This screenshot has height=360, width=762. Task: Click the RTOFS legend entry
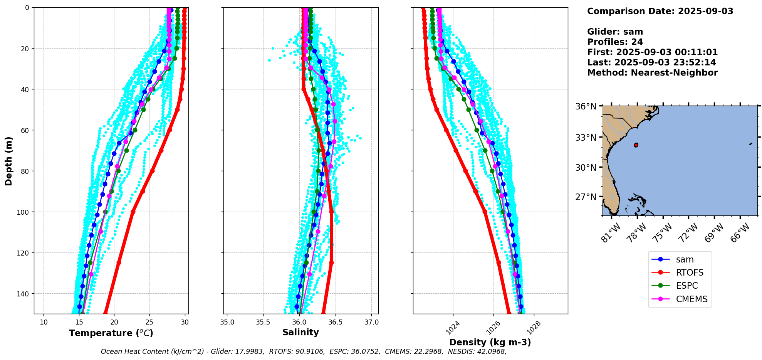[x=689, y=273]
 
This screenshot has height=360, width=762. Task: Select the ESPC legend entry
[x=686, y=286]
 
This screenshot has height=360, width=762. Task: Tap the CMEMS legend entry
[x=692, y=299]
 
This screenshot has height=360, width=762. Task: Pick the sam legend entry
[x=685, y=259]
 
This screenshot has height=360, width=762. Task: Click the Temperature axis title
[x=111, y=333]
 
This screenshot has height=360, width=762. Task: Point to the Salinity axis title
[x=300, y=332]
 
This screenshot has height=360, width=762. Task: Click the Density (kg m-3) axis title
[x=490, y=342]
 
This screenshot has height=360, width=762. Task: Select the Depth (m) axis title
[x=8, y=161]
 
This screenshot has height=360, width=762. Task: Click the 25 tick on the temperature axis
[x=149, y=322]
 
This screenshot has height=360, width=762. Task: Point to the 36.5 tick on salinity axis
[x=335, y=322]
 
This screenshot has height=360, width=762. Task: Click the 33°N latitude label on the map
[x=586, y=138]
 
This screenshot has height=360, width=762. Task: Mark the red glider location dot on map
[x=636, y=145]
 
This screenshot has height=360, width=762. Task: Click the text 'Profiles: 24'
[x=615, y=42]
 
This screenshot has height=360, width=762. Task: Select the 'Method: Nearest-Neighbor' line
[x=652, y=73]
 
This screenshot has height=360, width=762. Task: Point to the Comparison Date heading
[x=660, y=11]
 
